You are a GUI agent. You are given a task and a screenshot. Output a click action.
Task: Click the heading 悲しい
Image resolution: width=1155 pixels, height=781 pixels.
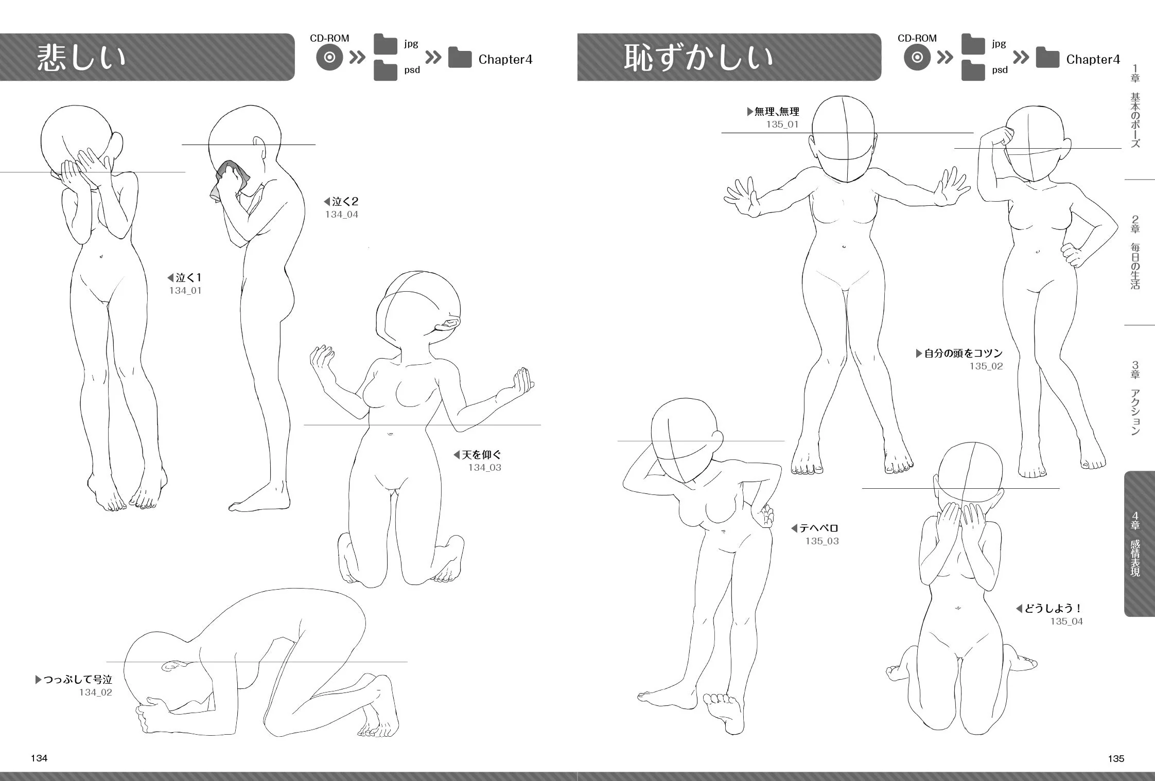81,57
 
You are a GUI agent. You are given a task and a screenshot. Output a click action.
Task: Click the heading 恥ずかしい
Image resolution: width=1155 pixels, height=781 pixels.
698,57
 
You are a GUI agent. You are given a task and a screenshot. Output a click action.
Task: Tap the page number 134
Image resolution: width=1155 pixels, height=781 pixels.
39,758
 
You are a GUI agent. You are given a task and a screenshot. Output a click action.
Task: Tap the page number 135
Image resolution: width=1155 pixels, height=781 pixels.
1116,758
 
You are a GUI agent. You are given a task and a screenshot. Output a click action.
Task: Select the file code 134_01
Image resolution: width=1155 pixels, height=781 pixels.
185,291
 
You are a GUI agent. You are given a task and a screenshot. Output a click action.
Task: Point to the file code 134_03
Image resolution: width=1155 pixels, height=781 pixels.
484,468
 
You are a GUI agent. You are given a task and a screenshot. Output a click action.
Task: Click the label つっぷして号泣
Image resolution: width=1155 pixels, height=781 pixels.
78,680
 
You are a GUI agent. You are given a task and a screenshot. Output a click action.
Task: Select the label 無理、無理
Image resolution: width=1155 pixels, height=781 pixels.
777,112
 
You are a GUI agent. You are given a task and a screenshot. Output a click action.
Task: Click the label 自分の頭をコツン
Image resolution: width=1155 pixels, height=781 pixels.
964,353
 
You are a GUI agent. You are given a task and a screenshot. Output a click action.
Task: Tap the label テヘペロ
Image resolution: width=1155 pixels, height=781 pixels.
819,528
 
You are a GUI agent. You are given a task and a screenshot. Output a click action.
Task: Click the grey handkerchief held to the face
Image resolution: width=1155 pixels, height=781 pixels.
229,180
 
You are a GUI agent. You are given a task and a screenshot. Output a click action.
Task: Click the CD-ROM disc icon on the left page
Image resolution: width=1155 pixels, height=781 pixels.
329,58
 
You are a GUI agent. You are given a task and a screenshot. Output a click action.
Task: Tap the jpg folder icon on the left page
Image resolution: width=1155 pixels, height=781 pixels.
386,44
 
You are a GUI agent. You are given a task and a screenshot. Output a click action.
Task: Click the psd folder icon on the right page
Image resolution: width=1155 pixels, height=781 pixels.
973,70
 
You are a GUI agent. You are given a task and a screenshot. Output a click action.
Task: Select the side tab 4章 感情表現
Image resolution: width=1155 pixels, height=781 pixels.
1139,544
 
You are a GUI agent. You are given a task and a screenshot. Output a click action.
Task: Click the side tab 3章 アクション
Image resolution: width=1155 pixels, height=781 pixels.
1135,398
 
